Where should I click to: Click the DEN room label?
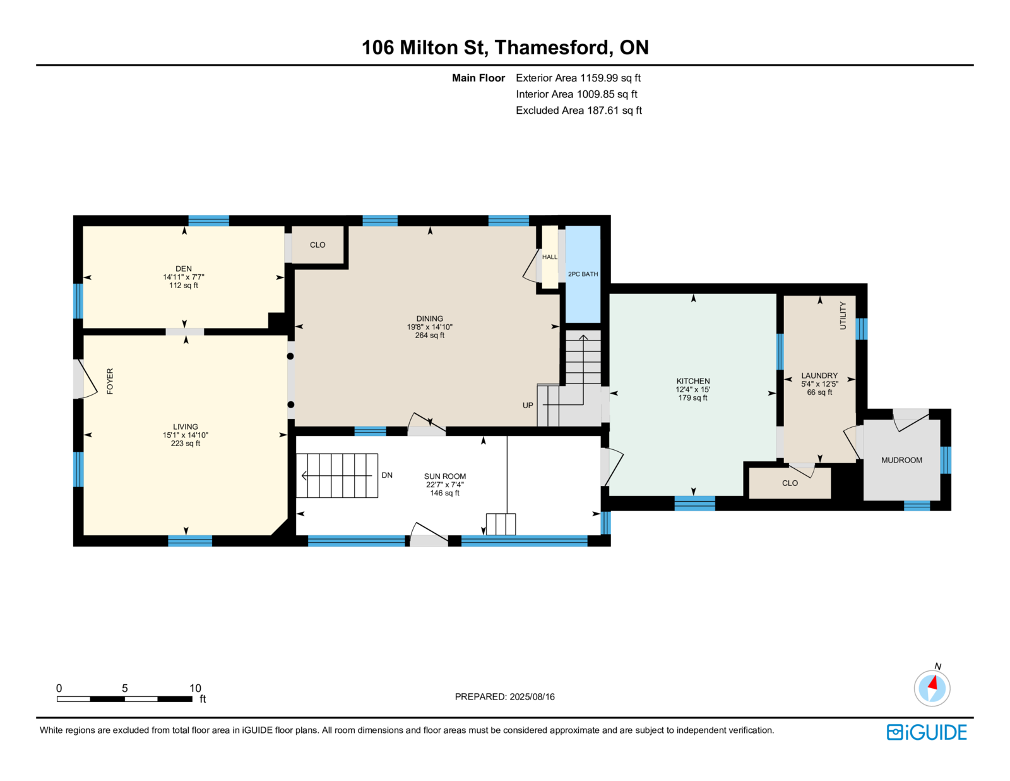(184, 269)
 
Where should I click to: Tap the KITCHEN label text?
(693, 381)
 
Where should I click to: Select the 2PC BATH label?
(583, 274)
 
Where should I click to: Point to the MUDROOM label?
(901, 460)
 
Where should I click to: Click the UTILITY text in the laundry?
(843, 315)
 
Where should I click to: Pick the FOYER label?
(110, 382)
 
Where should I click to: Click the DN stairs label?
(387, 475)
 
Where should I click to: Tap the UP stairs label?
(528, 405)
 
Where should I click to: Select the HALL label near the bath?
(550, 257)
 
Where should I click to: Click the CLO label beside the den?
(318, 245)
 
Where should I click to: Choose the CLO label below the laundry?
(790, 483)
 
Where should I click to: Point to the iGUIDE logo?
(927, 732)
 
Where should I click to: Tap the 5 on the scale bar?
(124, 688)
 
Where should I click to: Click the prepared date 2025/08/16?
(532, 696)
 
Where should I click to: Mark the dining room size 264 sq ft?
(429, 335)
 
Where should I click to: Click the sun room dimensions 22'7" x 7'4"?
(445, 484)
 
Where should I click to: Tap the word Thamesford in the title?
(552, 47)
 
